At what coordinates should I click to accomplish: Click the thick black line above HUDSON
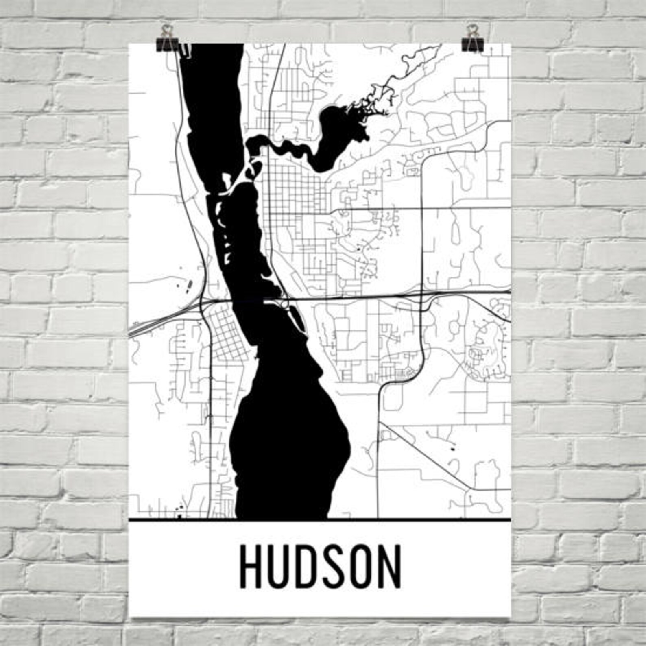(319, 520)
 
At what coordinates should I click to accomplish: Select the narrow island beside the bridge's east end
(297, 315)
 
